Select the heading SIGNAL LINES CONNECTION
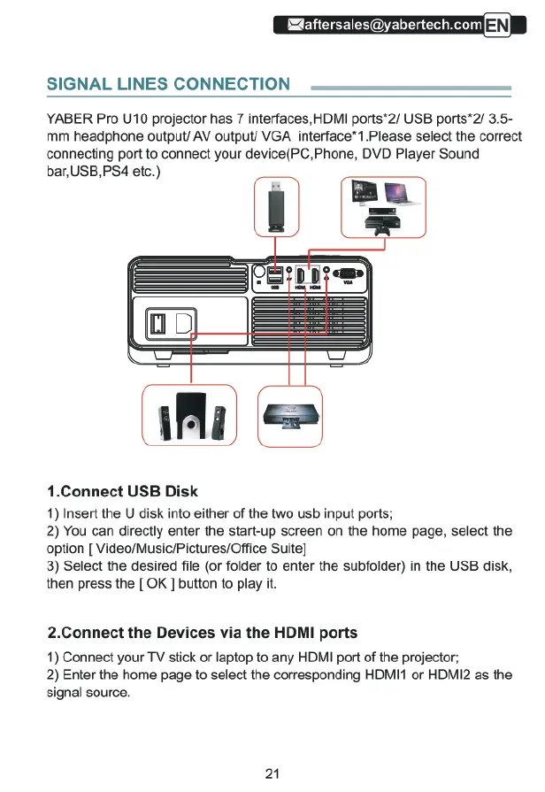[x=168, y=84]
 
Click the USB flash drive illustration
[x=276, y=206]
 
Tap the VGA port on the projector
[x=348, y=273]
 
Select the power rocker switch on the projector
[x=157, y=322]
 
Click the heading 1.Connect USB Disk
[x=122, y=491]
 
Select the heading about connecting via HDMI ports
[x=203, y=633]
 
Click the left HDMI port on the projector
[x=301, y=274]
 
